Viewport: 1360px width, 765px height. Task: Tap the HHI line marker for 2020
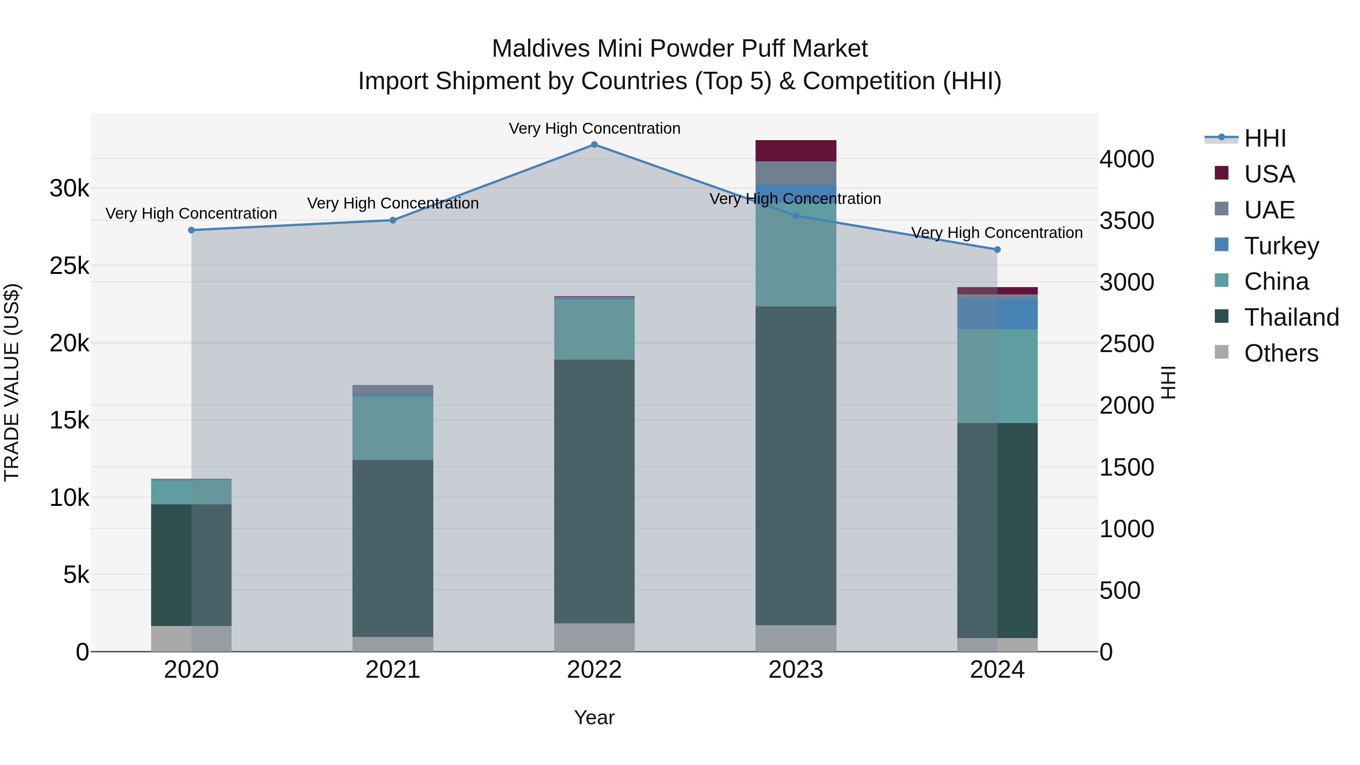192,230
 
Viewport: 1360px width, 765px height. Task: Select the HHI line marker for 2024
997,250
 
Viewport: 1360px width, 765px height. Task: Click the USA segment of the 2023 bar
796,151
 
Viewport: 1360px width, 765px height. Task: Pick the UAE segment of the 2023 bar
796,173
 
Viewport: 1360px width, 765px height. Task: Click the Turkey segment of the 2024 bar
997,314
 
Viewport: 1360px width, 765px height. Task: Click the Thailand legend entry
1291,318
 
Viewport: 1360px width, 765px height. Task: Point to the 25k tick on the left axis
69,266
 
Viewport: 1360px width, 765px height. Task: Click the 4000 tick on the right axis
1127,159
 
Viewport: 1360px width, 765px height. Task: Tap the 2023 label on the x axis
796,670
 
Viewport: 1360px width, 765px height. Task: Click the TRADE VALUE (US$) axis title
12,382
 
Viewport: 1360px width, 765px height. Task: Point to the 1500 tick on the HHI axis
1127,468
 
